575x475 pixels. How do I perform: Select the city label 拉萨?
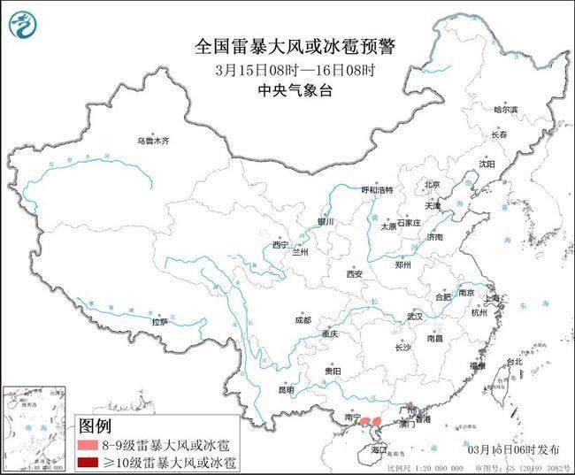[160, 323]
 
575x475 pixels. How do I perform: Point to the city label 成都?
[303, 320]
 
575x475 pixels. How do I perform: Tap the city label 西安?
[355, 273]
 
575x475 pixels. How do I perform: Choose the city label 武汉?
[415, 316]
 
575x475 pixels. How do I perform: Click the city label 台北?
[513, 363]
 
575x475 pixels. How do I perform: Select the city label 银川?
[326, 222]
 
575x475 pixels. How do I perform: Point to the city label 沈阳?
[487, 164]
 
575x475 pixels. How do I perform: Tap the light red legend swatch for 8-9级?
[88, 445]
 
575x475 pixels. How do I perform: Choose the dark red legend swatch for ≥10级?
[88, 462]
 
